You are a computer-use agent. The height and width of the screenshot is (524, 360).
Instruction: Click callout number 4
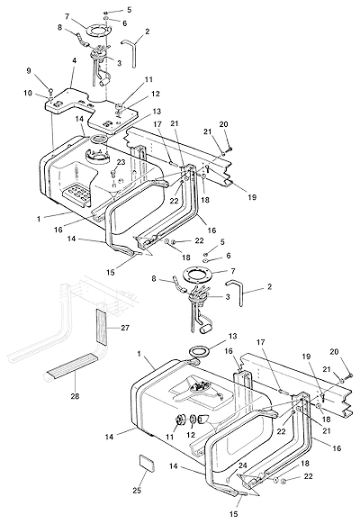point(74,61)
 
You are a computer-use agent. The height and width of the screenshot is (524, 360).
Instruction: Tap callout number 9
point(29,70)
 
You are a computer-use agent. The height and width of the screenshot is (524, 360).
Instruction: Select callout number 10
point(28,93)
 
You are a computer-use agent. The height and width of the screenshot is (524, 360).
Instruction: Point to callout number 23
point(121,161)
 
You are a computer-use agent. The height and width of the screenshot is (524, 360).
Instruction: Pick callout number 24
point(243,465)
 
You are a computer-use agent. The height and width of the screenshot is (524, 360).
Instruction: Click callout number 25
point(137,491)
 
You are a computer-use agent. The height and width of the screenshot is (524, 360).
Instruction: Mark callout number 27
point(125,328)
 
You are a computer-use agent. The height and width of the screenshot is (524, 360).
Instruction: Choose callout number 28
point(75,396)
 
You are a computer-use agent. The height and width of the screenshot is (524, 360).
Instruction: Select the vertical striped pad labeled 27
point(103,326)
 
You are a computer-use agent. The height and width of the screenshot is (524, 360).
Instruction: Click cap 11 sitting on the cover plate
point(120,107)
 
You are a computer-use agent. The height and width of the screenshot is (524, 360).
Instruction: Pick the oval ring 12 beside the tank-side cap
point(193,420)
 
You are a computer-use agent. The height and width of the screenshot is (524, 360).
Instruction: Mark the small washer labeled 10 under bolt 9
point(50,98)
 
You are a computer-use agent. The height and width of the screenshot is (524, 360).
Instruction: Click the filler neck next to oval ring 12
point(204,419)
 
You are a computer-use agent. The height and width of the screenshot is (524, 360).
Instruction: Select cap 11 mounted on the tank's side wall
point(180,420)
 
